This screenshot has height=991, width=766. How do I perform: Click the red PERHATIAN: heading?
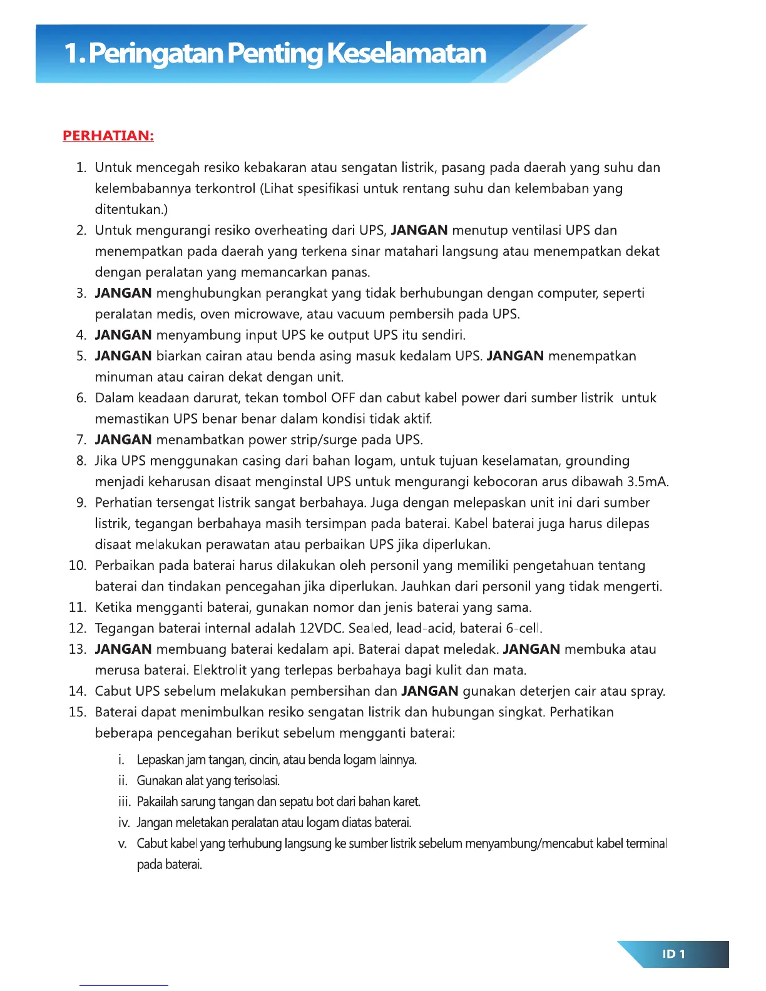pyautogui.click(x=108, y=136)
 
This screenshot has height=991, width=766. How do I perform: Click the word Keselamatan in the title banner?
pyautogui.click(x=406, y=53)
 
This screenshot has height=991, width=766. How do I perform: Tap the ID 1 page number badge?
pyautogui.click(x=673, y=954)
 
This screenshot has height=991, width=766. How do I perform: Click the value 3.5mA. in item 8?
pyautogui.click(x=648, y=482)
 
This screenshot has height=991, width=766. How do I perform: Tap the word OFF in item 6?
pyautogui.click(x=343, y=398)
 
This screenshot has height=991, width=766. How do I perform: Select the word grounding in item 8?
pyautogui.click(x=598, y=461)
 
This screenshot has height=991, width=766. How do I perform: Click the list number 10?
pyautogui.click(x=78, y=566)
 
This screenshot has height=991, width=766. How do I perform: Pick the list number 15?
pyautogui.click(x=78, y=712)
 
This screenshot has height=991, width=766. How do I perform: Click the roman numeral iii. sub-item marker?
pyautogui.click(x=124, y=801)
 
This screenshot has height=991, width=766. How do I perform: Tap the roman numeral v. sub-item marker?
pyautogui.click(x=123, y=843)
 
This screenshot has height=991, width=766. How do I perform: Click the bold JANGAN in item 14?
pyautogui.click(x=430, y=691)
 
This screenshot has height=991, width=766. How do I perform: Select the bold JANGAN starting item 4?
pyautogui.click(x=123, y=335)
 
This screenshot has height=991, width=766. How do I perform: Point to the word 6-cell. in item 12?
pyautogui.click(x=524, y=628)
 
